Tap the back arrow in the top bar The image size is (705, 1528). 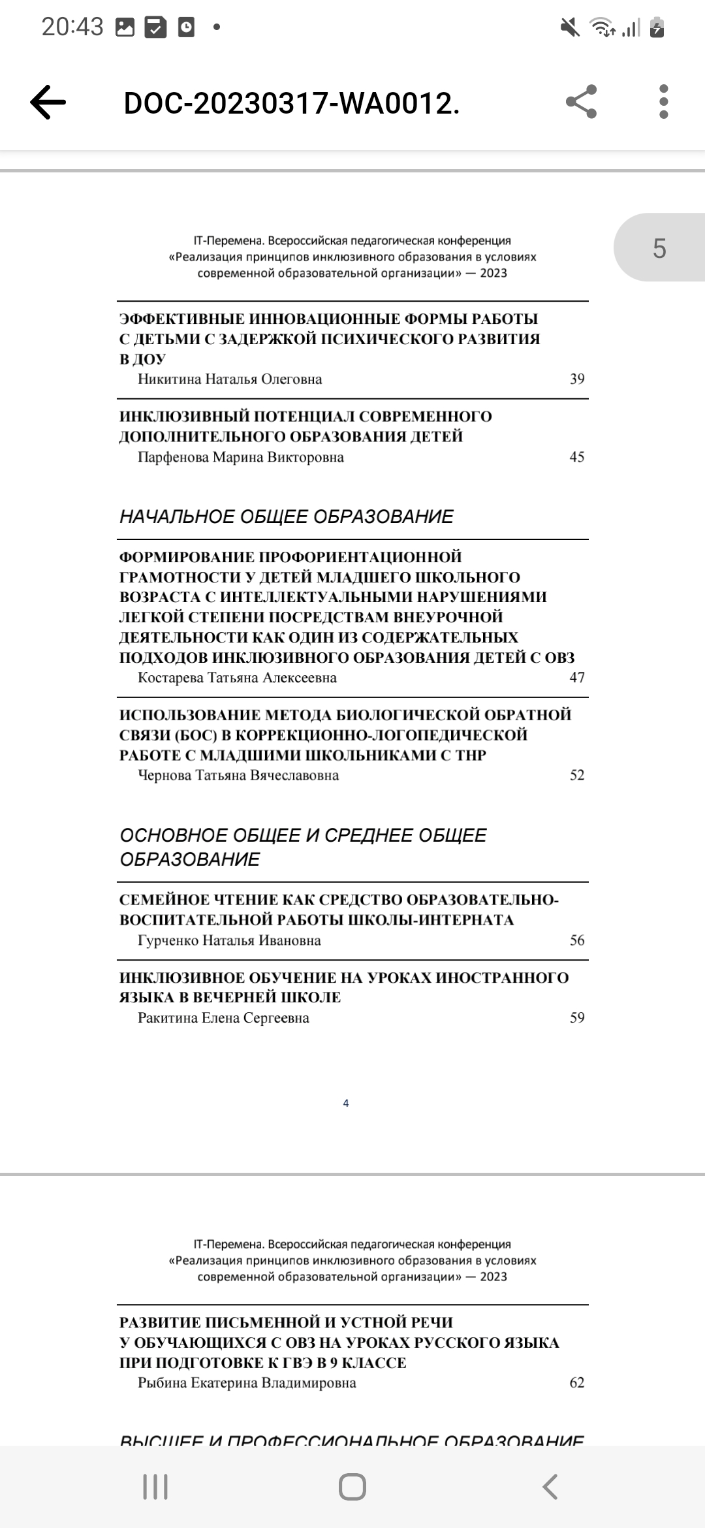[48, 103]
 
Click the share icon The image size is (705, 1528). [580, 102]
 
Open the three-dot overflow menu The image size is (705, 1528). [664, 102]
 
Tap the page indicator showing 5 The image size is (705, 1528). [659, 248]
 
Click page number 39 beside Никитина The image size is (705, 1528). [577, 379]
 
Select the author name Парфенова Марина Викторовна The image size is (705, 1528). [240, 457]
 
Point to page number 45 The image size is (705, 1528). [577, 456]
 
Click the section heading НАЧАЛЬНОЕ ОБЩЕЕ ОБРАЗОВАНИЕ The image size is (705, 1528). [287, 517]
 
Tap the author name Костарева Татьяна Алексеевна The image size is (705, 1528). [237, 678]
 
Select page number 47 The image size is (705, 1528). [577, 677]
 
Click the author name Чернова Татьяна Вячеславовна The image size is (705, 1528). [238, 776]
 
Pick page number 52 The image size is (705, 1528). [577, 775]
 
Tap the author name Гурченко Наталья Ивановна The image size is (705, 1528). [229, 941]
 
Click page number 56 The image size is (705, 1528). [577, 940]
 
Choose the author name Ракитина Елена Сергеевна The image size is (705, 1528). [223, 1018]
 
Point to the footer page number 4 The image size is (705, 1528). [346, 1104]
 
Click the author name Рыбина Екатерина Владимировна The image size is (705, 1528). [247, 1383]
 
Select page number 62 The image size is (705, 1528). [577, 1382]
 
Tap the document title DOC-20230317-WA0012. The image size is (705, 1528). [292, 103]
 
